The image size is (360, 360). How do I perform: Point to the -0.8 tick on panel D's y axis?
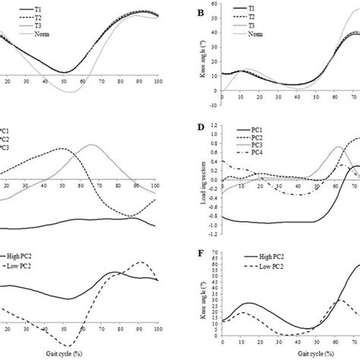coord(210,216)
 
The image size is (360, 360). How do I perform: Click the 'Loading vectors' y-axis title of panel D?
coord(201,176)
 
